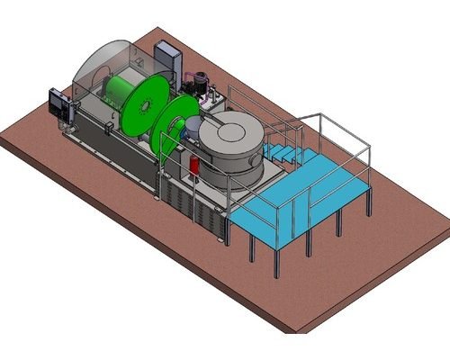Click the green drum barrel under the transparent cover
click(118, 90)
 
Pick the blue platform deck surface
click(297, 198)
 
